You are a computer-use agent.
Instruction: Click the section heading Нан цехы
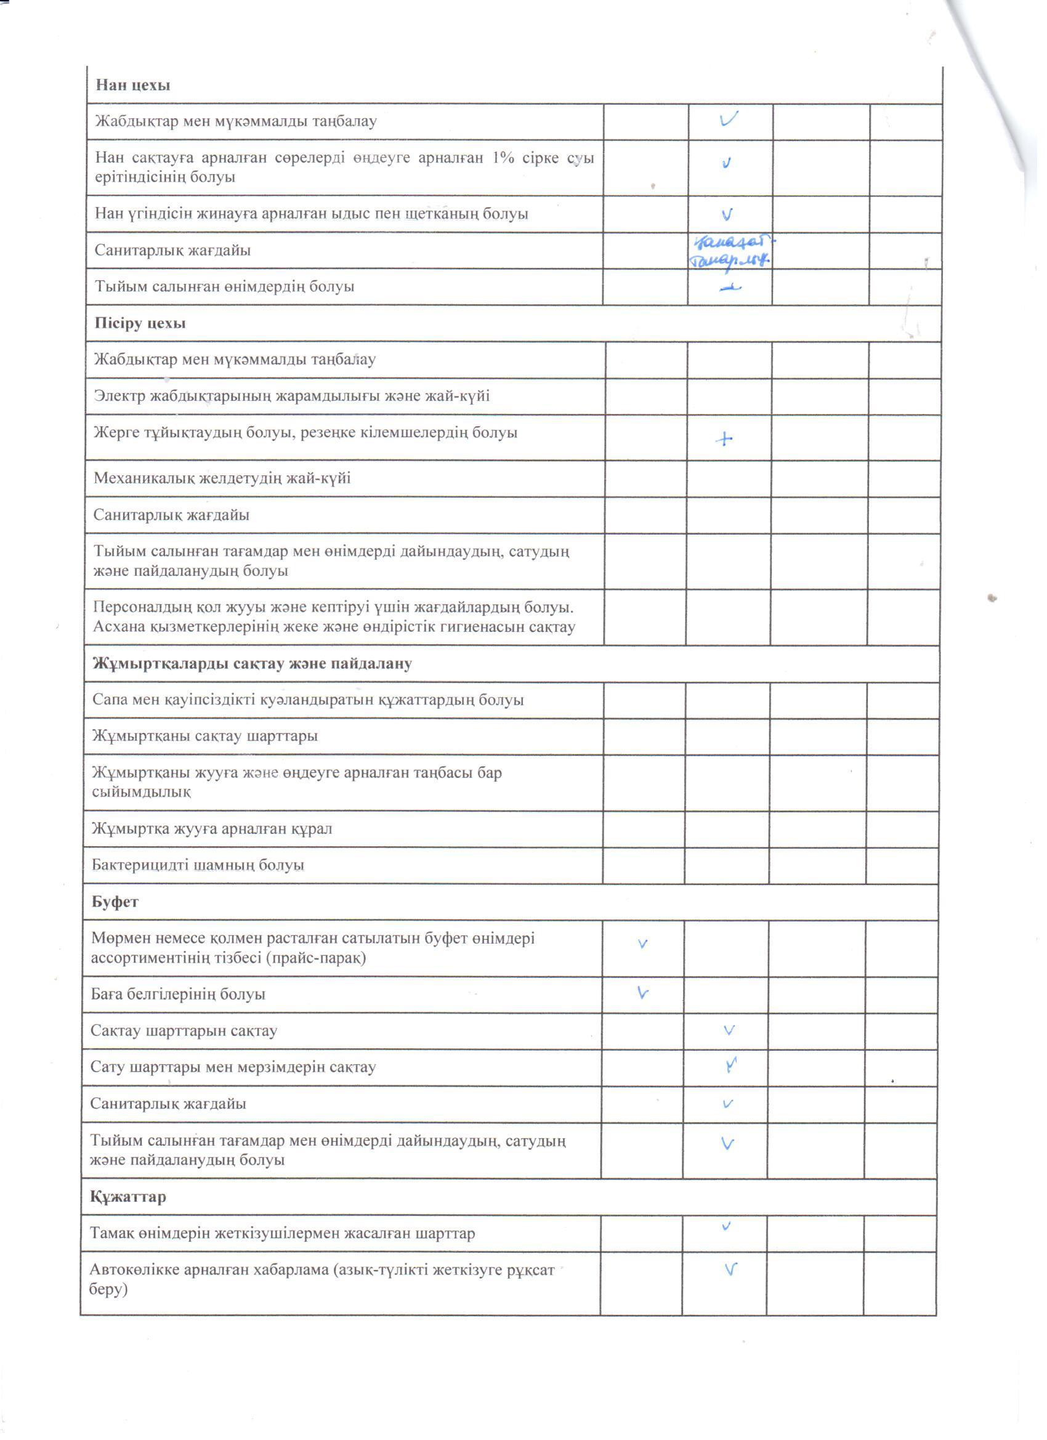tap(132, 85)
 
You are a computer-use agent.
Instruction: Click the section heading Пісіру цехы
tap(140, 323)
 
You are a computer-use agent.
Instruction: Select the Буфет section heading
tap(115, 902)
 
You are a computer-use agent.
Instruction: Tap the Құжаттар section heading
tap(127, 1197)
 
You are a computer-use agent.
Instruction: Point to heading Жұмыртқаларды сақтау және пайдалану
tap(252, 664)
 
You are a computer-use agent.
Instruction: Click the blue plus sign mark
tap(724, 439)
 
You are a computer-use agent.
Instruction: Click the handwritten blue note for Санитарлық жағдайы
tap(730, 251)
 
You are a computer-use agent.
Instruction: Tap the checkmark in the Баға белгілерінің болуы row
tap(642, 993)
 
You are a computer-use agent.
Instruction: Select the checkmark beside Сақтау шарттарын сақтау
tap(729, 1030)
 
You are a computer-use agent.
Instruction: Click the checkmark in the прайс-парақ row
tap(642, 944)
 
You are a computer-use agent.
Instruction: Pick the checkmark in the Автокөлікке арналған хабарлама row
tap(731, 1270)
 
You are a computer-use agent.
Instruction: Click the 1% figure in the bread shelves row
tap(501, 158)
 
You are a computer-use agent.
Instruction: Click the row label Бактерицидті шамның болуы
tap(198, 865)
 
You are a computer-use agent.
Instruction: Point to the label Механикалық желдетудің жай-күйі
tap(222, 478)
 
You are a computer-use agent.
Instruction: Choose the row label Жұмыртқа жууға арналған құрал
tap(211, 828)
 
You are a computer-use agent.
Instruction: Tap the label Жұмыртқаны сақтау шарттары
tap(204, 737)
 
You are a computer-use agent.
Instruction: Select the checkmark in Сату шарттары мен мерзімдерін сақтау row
tap(732, 1066)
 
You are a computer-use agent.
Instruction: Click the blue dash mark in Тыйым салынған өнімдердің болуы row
tap(730, 288)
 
